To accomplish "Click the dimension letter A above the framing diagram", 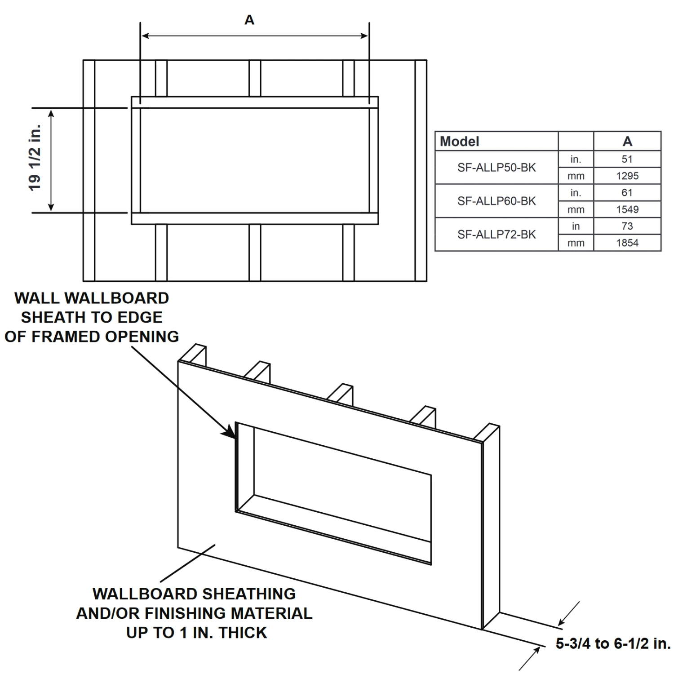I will click(x=249, y=20).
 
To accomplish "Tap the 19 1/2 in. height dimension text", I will click(x=35, y=157).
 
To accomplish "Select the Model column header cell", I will click(x=460, y=142).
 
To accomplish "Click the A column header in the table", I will click(x=627, y=142).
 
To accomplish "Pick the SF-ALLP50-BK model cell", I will click(x=497, y=168).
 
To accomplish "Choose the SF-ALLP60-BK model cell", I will click(x=497, y=201).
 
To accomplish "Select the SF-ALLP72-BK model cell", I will click(x=497, y=235).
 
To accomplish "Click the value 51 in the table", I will click(x=627, y=159).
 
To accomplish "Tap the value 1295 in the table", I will click(x=627, y=176).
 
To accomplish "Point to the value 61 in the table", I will click(x=627, y=193).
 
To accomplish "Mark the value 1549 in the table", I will click(x=627, y=209).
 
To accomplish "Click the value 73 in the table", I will click(x=627, y=226).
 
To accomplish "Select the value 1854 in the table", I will click(x=627, y=243).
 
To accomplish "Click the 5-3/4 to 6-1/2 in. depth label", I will click(x=613, y=643).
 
